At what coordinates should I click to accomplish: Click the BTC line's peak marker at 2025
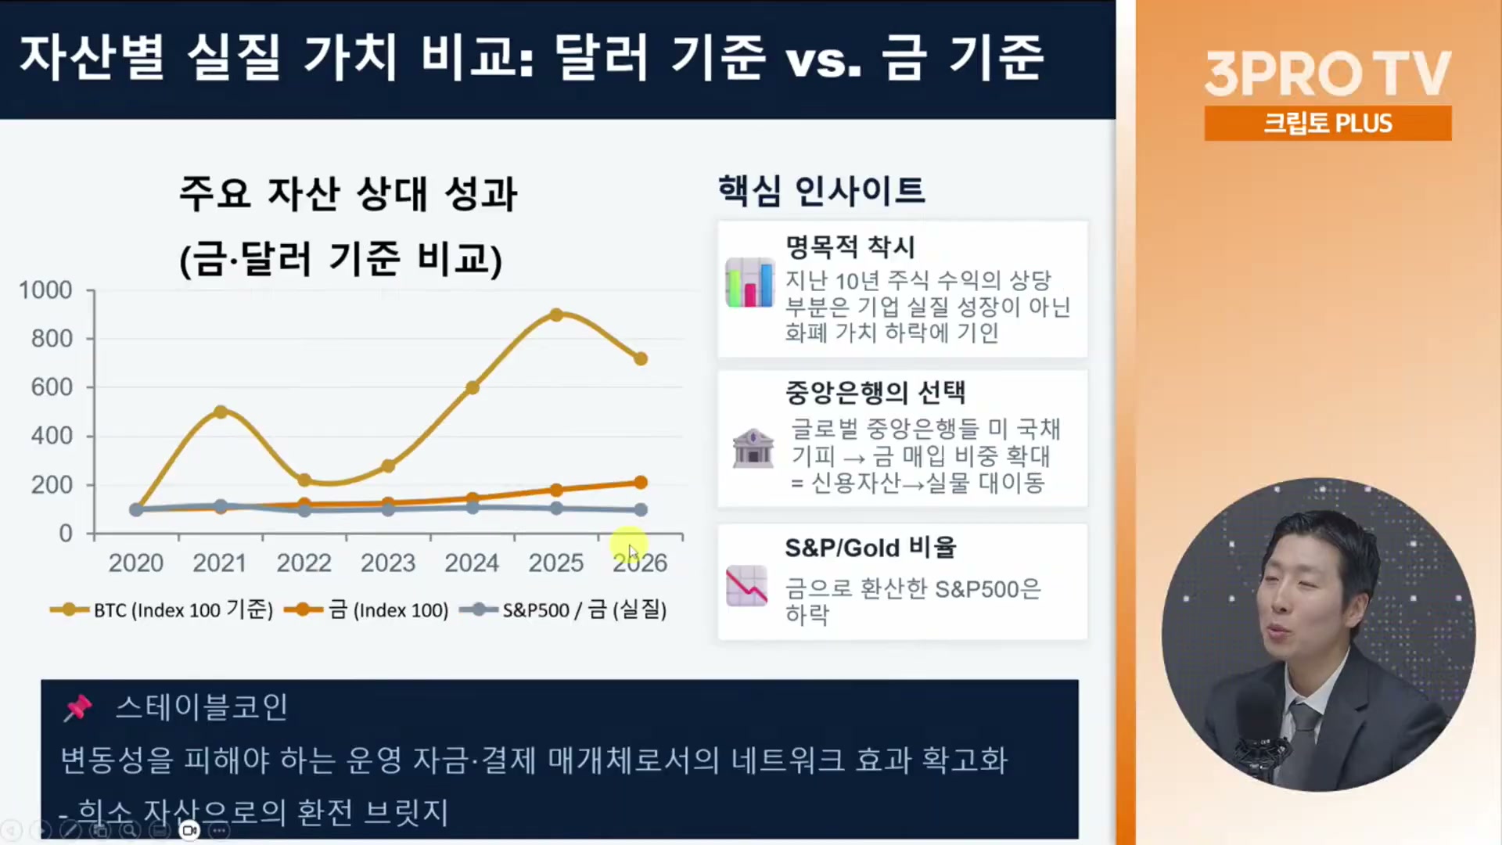pos(556,315)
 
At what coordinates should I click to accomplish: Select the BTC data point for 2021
pos(221,412)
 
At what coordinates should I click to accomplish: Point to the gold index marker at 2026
pos(641,482)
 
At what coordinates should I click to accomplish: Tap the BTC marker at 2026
pos(641,358)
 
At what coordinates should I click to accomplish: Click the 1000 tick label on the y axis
pos(45,290)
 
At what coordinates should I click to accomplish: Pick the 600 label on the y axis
pos(52,387)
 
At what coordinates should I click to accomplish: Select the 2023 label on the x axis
pos(388,563)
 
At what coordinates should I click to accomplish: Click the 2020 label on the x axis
pos(136,563)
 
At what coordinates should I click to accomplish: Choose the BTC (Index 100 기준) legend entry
pos(161,609)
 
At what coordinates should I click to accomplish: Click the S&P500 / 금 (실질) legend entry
pos(563,609)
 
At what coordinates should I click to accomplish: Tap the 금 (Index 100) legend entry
pos(366,609)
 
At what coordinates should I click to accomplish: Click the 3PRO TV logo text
pos(1328,74)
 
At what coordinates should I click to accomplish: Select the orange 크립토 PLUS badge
pos(1328,123)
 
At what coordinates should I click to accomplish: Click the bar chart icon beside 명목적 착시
pos(749,282)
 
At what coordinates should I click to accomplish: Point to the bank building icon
pos(753,448)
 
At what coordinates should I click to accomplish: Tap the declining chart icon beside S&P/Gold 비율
pos(746,586)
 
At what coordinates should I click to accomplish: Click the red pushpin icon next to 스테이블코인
pos(77,707)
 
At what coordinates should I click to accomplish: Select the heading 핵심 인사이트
pos(821,190)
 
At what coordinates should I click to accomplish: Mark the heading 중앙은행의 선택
pos(875,392)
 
